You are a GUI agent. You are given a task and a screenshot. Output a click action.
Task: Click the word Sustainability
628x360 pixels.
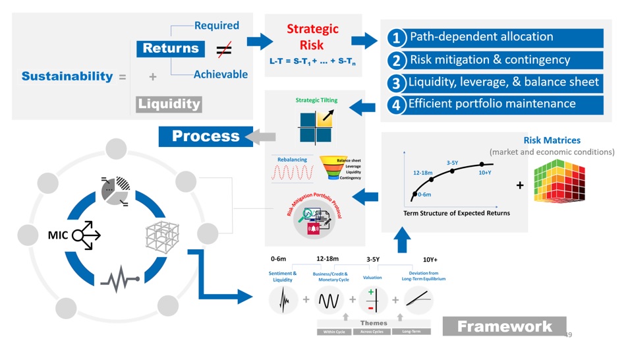[x=67, y=76]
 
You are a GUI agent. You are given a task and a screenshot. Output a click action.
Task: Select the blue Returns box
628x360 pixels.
[x=171, y=48]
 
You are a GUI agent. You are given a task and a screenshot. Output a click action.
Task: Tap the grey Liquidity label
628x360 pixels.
[x=169, y=104]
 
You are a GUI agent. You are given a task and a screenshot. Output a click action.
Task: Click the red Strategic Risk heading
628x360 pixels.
[x=312, y=37]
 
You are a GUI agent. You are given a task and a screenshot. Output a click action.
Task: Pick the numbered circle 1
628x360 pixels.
[x=396, y=38]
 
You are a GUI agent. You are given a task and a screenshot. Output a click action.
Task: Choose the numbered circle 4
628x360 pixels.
[x=396, y=105]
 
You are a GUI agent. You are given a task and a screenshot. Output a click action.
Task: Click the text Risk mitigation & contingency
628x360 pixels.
[x=490, y=60]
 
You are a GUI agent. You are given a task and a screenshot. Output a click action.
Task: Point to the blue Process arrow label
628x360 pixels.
[x=206, y=136]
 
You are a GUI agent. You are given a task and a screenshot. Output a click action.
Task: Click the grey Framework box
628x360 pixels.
[x=504, y=326]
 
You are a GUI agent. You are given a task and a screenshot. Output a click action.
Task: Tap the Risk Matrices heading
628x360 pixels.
[x=552, y=140]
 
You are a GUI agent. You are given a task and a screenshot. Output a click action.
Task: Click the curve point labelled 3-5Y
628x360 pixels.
[x=452, y=171]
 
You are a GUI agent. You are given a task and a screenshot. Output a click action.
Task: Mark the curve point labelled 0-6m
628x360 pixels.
[x=414, y=194]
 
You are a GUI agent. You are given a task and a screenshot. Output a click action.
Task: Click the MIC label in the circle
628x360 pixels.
[x=58, y=234]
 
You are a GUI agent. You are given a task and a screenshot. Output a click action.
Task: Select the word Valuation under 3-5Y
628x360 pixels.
[x=372, y=278]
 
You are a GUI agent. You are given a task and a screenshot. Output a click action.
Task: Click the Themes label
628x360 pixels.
[x=374, y=323]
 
